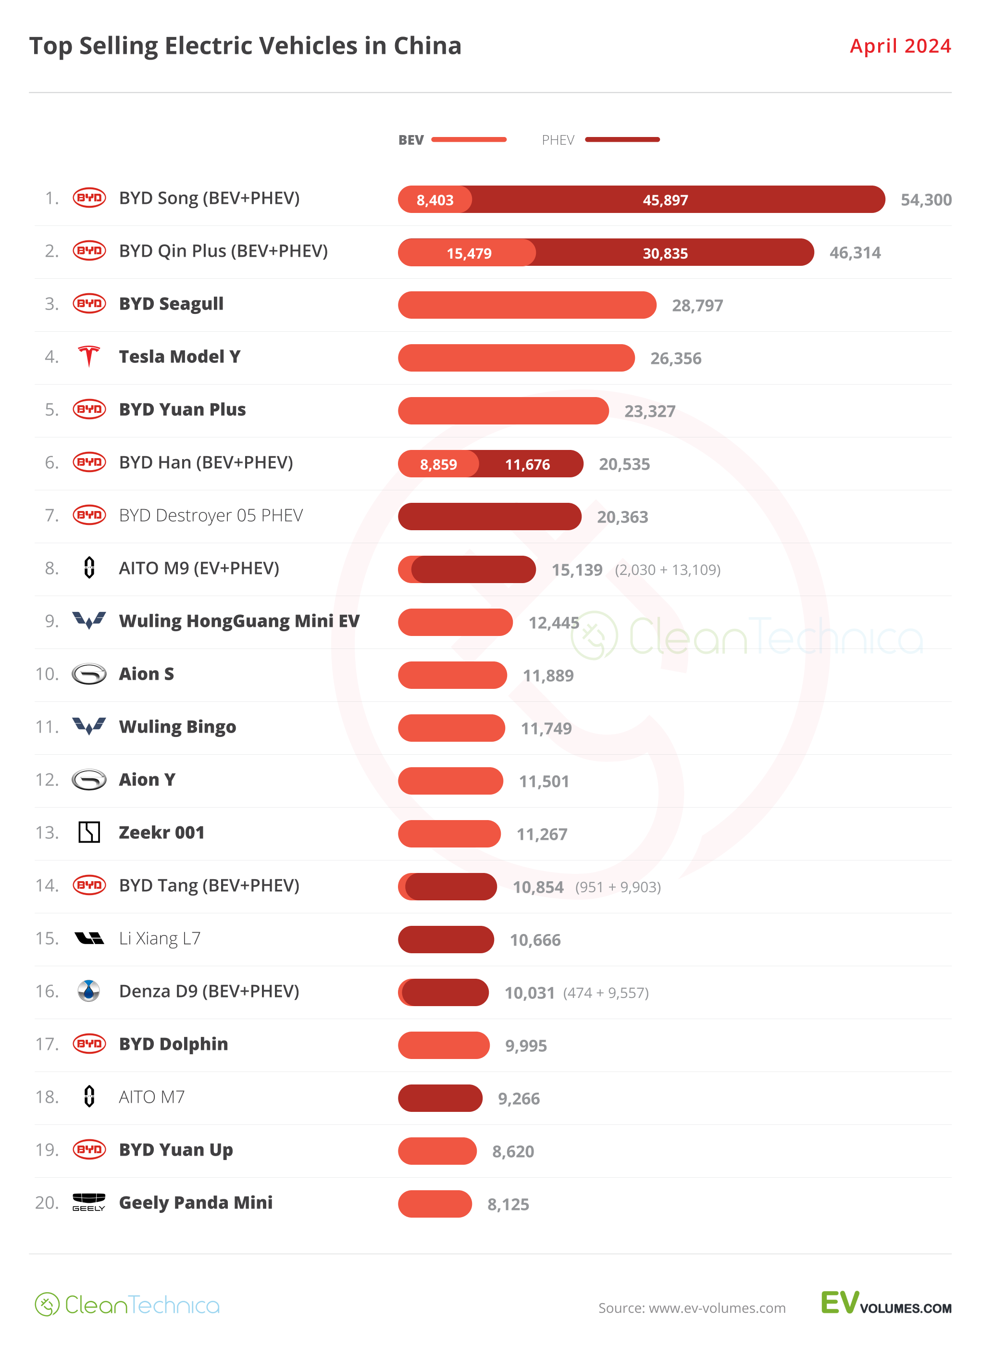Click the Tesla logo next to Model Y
point(89,357)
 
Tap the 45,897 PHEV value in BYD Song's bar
point(665,200)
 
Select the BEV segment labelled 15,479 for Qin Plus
point(469,253)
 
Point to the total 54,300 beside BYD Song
point(925,200)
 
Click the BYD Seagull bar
point(527,305)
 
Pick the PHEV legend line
point(622,139)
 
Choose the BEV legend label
point(410,140)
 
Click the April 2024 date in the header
point(900,46)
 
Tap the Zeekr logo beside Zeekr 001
point(89,832)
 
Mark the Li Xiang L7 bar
point(446,939)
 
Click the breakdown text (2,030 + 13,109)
point(667,570)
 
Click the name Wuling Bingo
point(177,727)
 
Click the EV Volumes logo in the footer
point(885,1304)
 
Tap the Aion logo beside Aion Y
point(89,780)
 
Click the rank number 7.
point(52,515)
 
